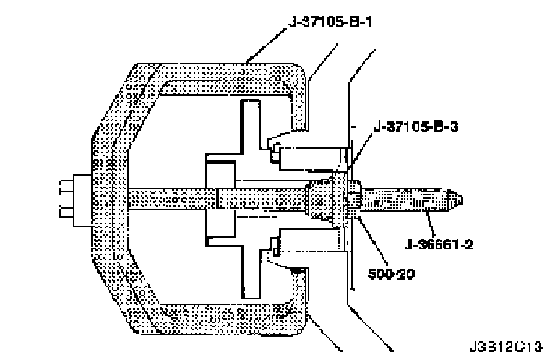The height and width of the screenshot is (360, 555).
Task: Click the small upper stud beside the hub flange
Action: click(x=277, y=153)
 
